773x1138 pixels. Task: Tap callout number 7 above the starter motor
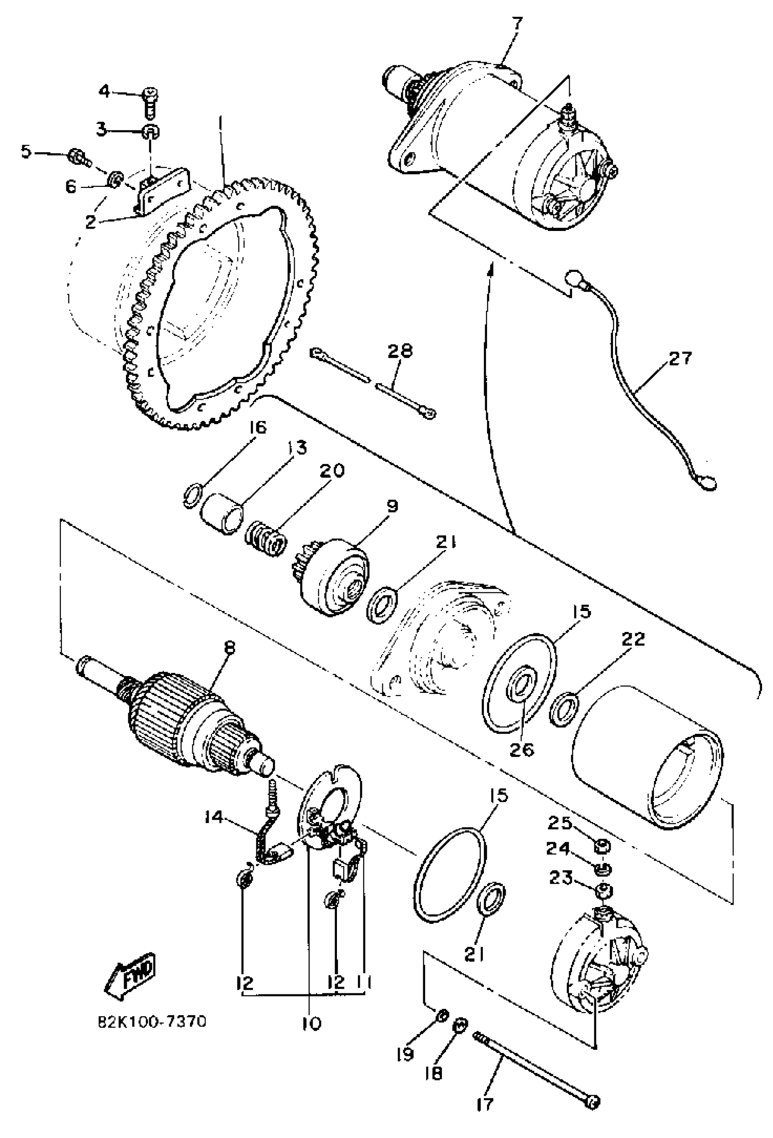coord(517,24)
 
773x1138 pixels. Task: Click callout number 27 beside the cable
coord(680,358)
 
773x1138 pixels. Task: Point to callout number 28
coord(400,351)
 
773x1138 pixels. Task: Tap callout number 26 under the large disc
coord(521,750)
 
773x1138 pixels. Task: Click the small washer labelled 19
coord(441,1015)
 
